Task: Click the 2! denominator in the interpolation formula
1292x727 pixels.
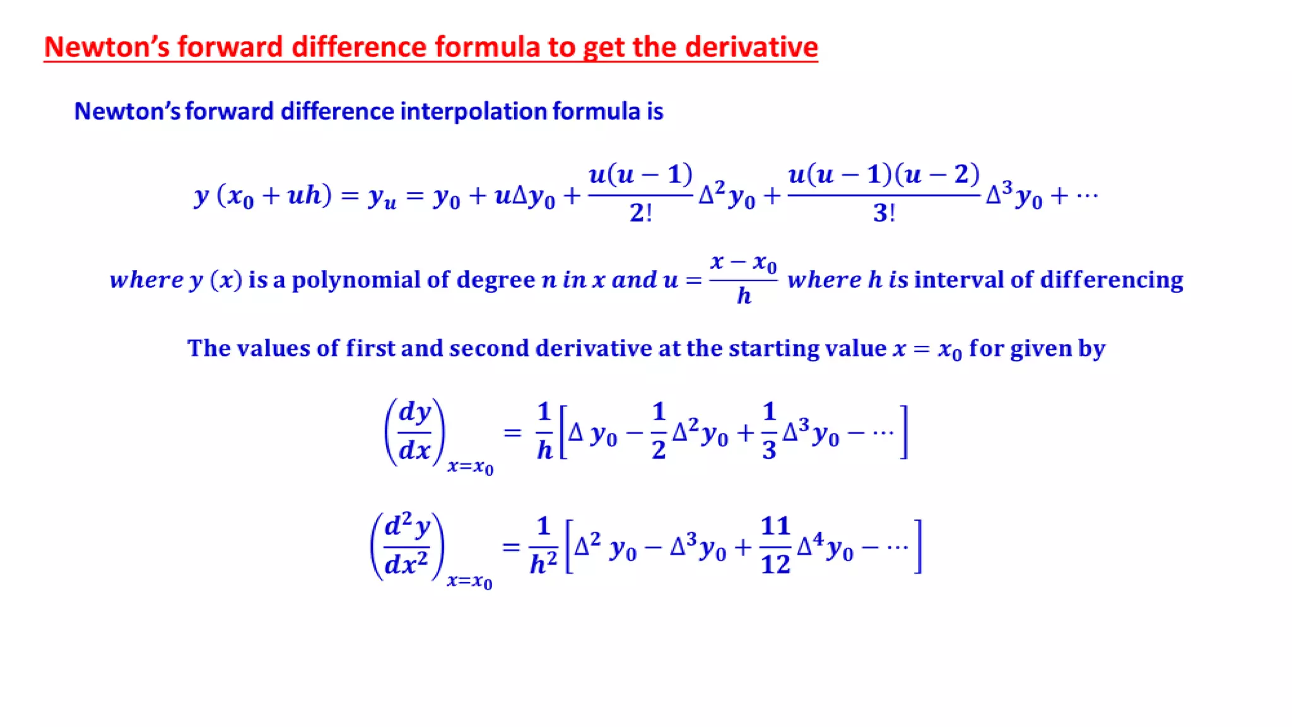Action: [x=640, y=213]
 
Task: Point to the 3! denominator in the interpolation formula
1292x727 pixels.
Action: [x=884, y=213]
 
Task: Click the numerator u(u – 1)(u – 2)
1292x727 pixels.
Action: [x=884, y=175]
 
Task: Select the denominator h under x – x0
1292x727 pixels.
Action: [x=744, y=295]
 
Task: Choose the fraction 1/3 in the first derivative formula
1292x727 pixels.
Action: [x=769, y=431]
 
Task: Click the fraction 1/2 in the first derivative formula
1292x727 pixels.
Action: [x=659, y=431]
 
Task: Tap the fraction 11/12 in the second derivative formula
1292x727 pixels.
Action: [x=775, y=545]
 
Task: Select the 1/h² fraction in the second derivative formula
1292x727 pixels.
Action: [x=543, y=545]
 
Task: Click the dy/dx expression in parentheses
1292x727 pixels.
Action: [x=415, y=432]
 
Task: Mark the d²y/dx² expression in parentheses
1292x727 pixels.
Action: [x=407, y=545]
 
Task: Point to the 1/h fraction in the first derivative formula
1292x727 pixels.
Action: [x=544, y=431]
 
